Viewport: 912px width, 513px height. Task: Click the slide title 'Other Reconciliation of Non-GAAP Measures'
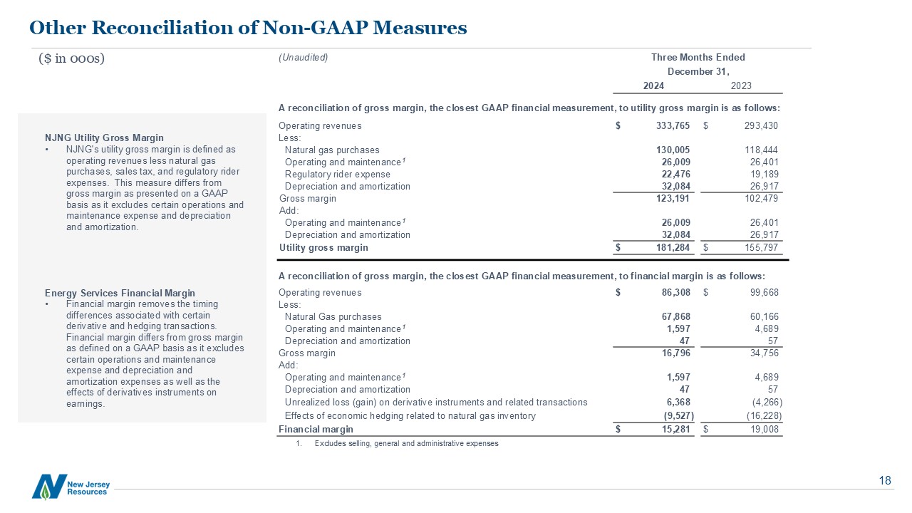click(248, 28)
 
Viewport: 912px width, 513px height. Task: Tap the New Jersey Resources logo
click(71, 487)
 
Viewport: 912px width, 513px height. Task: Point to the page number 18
click(885, 480)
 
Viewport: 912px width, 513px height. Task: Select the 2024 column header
click(653, 86)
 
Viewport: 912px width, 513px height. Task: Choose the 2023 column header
click(741, 86)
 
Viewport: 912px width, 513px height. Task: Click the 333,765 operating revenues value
click(673, 126)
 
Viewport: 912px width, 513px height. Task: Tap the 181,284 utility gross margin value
click(673, 248)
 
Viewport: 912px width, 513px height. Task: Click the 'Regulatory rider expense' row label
click(337, 175)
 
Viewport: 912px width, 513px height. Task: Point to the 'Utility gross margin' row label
click(323, 248)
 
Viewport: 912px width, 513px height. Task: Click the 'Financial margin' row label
click(316, 430)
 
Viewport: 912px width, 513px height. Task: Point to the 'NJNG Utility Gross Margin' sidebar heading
click(104, 138)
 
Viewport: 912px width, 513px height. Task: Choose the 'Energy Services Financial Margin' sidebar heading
click(119, 294)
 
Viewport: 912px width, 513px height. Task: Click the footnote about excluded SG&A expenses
click(406, 444)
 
